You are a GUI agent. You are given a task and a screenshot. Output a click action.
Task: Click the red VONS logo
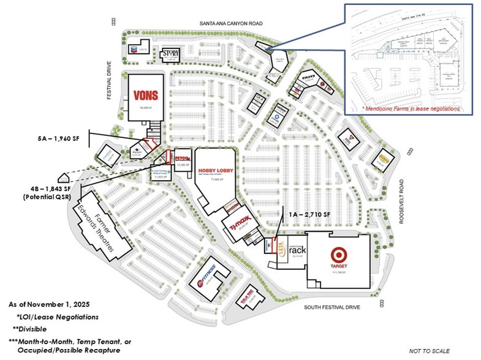(146, 96)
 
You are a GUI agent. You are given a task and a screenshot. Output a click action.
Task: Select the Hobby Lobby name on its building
(214, 157)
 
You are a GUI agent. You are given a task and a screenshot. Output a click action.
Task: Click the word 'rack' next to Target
(297, 250)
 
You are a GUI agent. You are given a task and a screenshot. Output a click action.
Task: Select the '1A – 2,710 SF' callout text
(309, 215)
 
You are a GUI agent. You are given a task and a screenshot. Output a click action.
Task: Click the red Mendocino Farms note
(412, 108)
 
